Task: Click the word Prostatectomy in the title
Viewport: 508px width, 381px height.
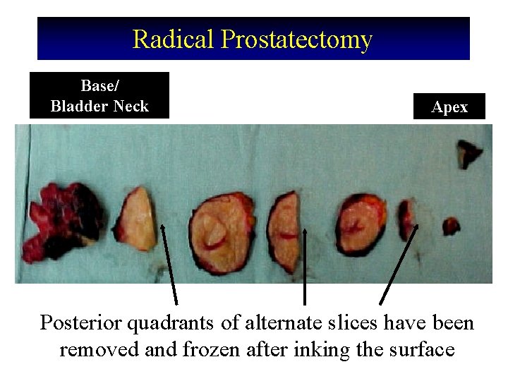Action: [x=296, y=40]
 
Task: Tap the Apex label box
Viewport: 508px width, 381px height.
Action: [x=449, y=107]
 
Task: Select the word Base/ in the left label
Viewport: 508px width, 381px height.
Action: [x=99, y=85]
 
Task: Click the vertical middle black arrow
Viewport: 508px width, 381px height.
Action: [x=304, y=265]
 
